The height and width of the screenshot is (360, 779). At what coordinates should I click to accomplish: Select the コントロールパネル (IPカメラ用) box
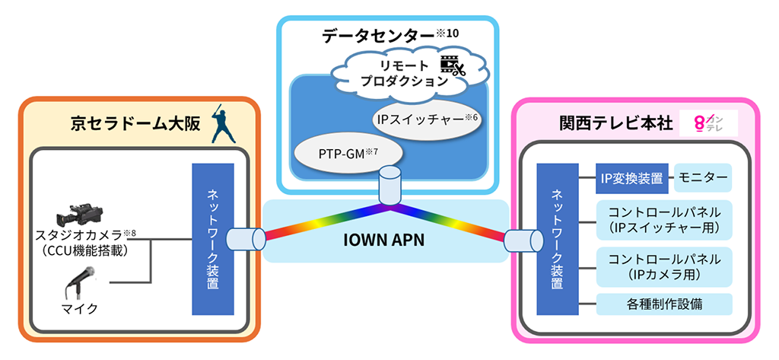tap(664, 266)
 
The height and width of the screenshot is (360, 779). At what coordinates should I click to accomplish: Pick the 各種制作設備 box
tap(664, 304)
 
